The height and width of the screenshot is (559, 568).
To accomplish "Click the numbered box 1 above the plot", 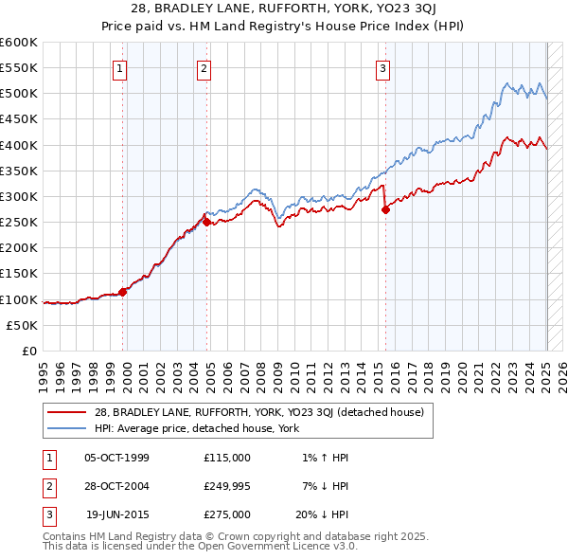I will [x=122, y=67].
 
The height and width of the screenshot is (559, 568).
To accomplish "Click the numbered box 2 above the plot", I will [x=204, y=67].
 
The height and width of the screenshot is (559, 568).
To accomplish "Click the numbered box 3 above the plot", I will [x=382, y=67].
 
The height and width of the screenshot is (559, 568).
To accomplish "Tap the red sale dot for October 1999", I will [x=123, y=292].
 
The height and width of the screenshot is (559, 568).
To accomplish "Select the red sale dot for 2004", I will [x=207, y=223].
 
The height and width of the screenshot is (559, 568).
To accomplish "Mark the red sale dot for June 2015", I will [x=385, y=210].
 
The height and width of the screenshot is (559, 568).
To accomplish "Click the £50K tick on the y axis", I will [x=22, y=325].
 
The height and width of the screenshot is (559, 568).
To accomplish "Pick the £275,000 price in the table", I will [x=227, y=514].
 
